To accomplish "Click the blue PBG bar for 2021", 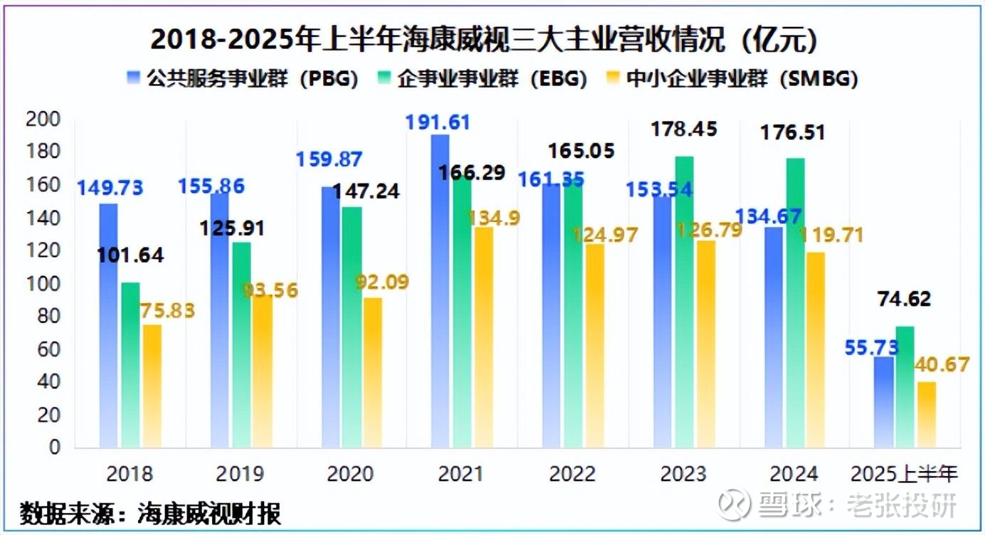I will click(441, 292).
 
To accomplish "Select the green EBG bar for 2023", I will click(685, 302).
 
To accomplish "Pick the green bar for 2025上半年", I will click(905, 387).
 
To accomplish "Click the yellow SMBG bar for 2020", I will click(373, 373).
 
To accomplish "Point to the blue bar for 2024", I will click(774, 337).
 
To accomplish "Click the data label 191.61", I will click(438, 122).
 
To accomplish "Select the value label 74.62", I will click(903, 300).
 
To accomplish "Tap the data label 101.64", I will click(131, 255).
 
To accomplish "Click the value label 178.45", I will click(685, 129).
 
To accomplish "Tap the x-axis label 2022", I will click(573, 474).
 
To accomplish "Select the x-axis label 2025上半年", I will click(905, 474).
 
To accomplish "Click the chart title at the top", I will click(483, 41).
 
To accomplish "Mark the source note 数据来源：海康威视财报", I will click(150, 512).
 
